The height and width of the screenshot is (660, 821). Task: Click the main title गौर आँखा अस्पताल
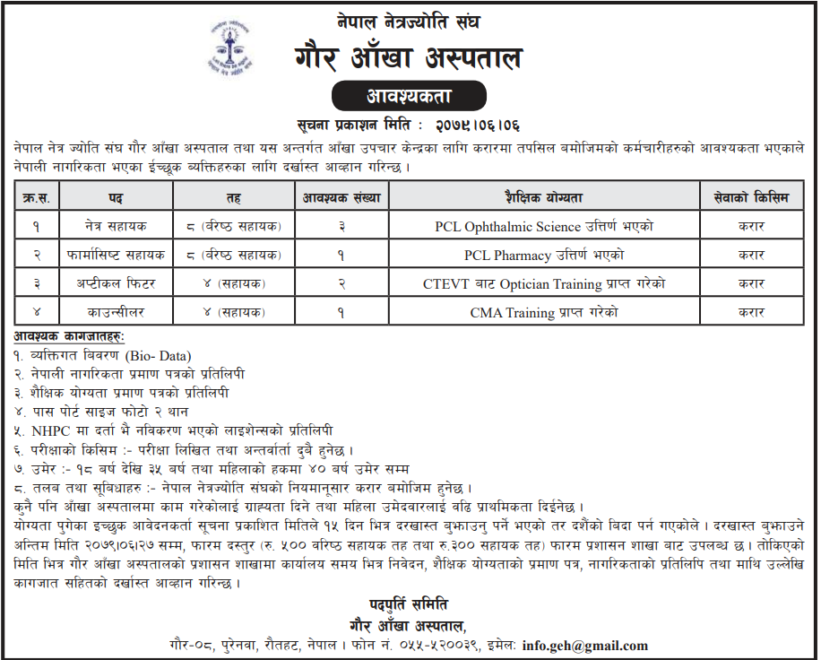click(408, 59)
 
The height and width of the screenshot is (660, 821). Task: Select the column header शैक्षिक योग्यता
click(544, 196)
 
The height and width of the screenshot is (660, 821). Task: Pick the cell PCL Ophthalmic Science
click(544, 226)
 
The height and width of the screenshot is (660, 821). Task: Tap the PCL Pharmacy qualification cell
click(544, 255)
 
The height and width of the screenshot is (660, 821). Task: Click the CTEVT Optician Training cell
click(544, 284)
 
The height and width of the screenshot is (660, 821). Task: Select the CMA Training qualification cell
click(544, 312)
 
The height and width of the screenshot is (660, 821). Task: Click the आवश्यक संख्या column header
click(341, 196)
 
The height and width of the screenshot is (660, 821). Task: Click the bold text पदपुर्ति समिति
click(408, 604)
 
